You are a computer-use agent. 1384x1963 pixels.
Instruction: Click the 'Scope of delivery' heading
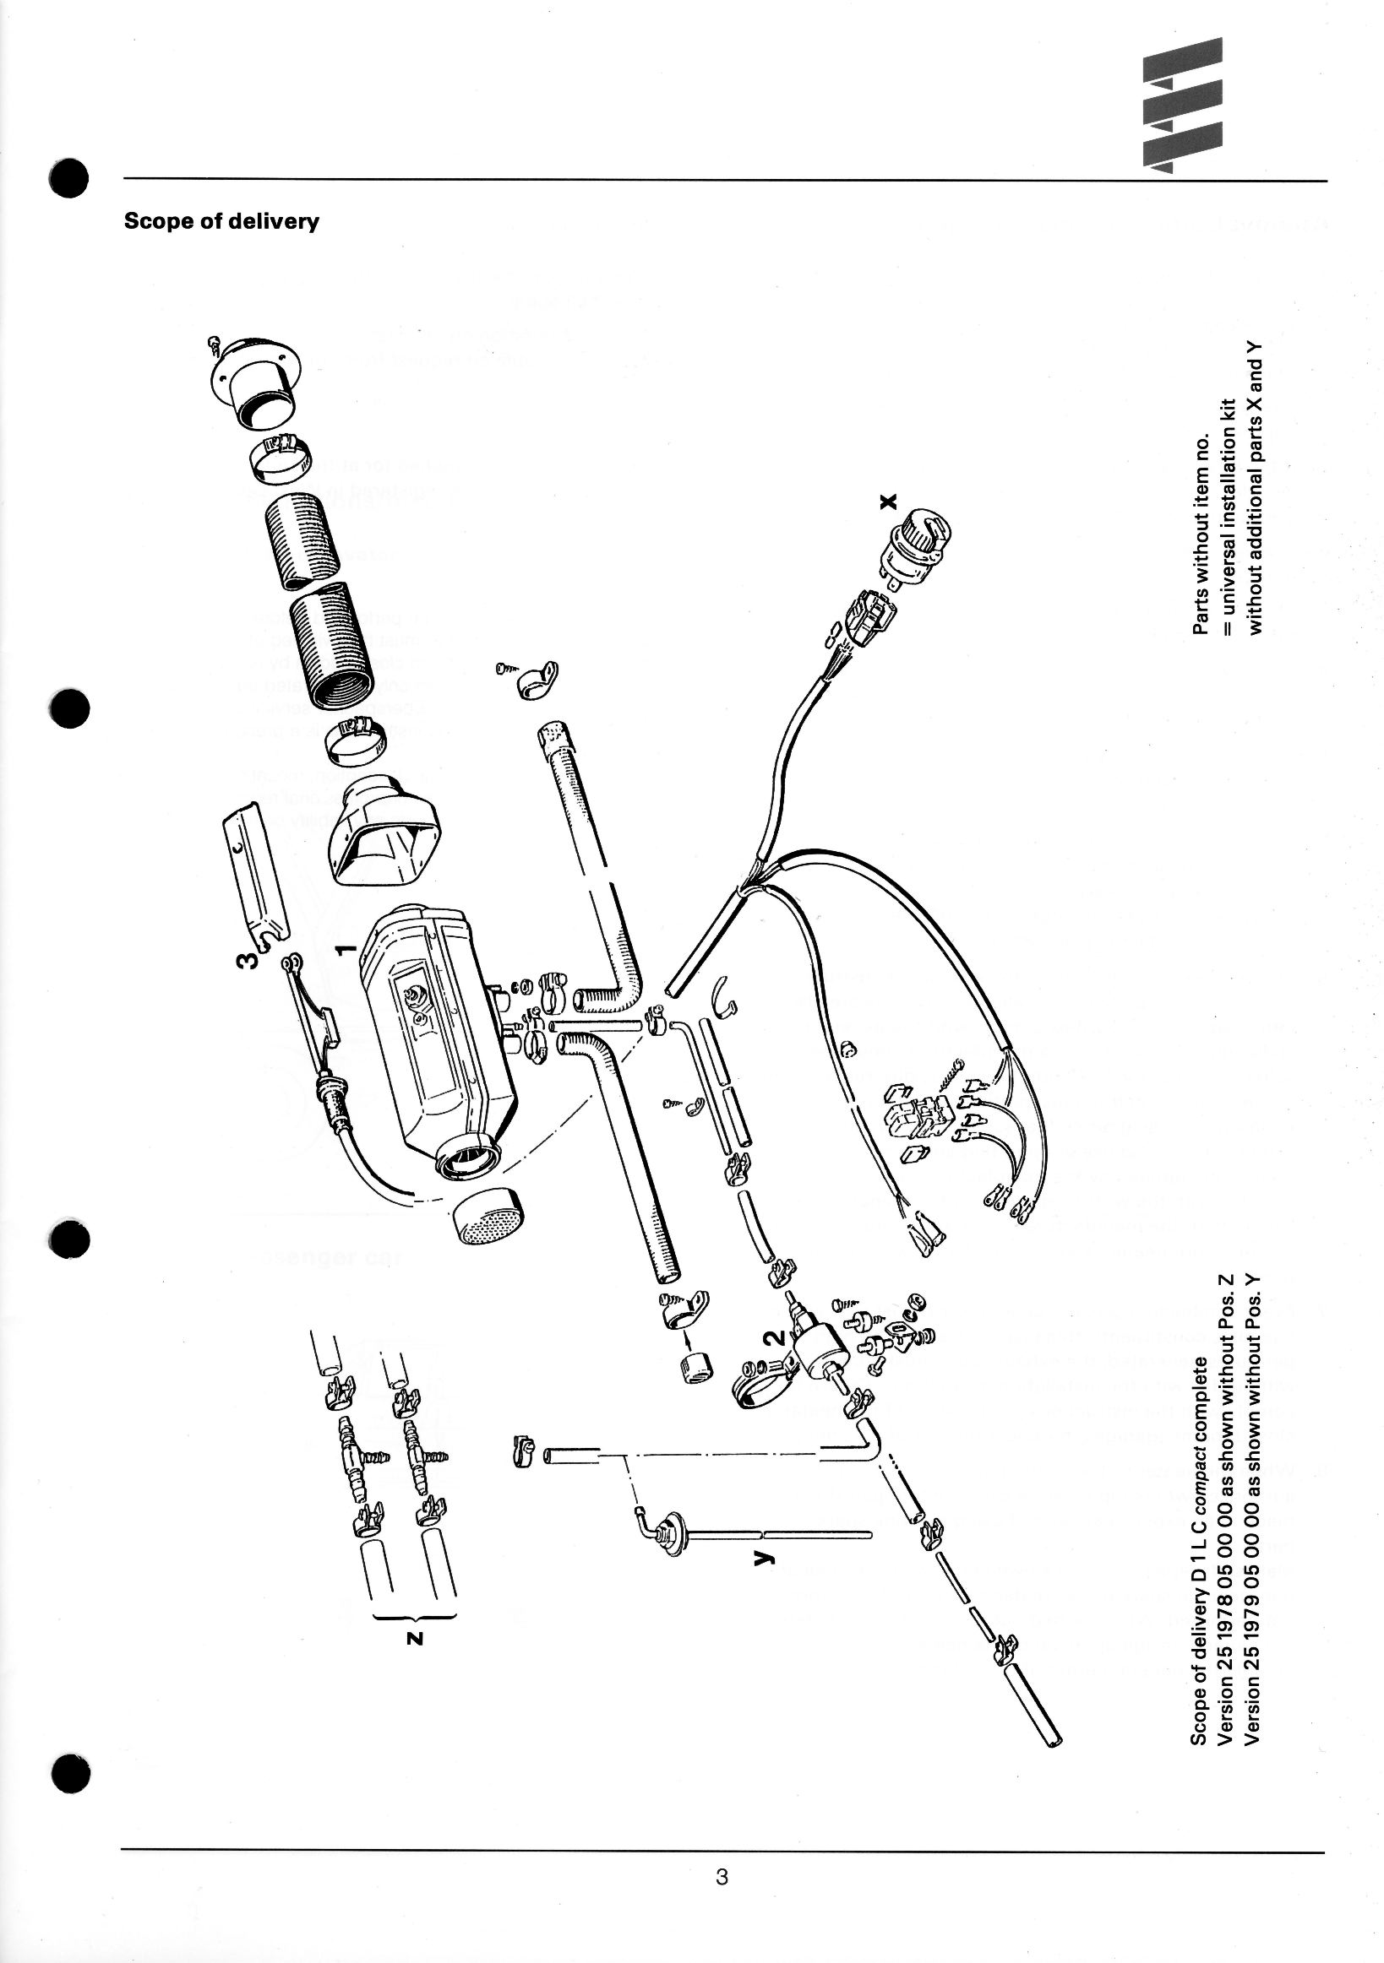(221, 221)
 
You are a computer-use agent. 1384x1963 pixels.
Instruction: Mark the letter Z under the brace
(415, 1639)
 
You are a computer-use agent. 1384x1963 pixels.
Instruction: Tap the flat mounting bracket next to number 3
(255, 867)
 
